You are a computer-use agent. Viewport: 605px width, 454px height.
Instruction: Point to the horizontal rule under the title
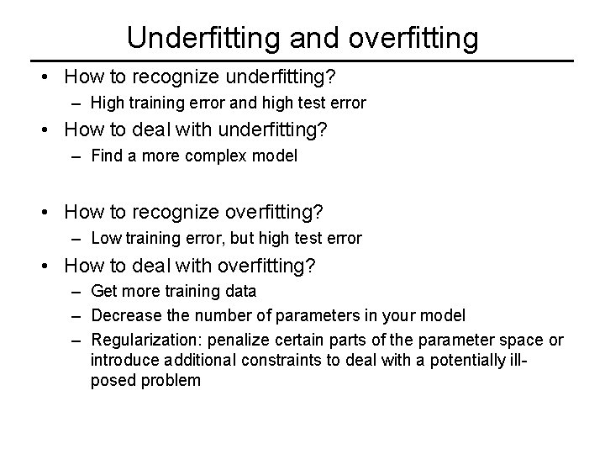(302, 61)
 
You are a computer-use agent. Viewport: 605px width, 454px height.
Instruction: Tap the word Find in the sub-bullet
(105, 156)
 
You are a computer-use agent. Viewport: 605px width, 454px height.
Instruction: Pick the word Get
(103, 292)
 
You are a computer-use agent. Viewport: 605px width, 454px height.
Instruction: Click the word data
(242, 292)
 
